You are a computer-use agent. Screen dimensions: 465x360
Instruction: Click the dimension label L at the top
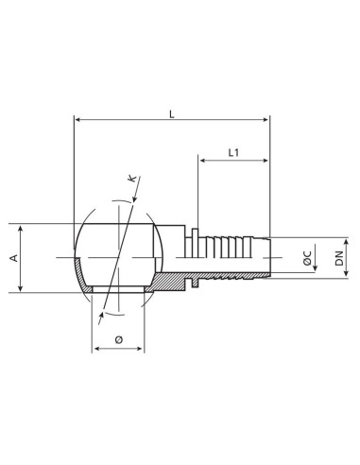[x=171, y=112]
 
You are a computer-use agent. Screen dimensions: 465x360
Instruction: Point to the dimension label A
[x=15, y=259]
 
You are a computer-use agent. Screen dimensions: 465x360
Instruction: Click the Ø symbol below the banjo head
[x=118, y=338]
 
